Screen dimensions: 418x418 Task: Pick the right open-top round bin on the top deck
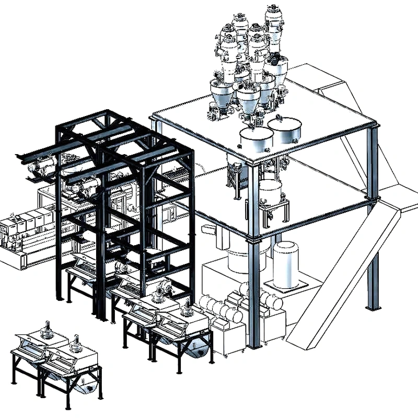(x=285, y=129)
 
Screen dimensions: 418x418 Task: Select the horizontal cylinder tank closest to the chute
(x=269, y=301)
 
